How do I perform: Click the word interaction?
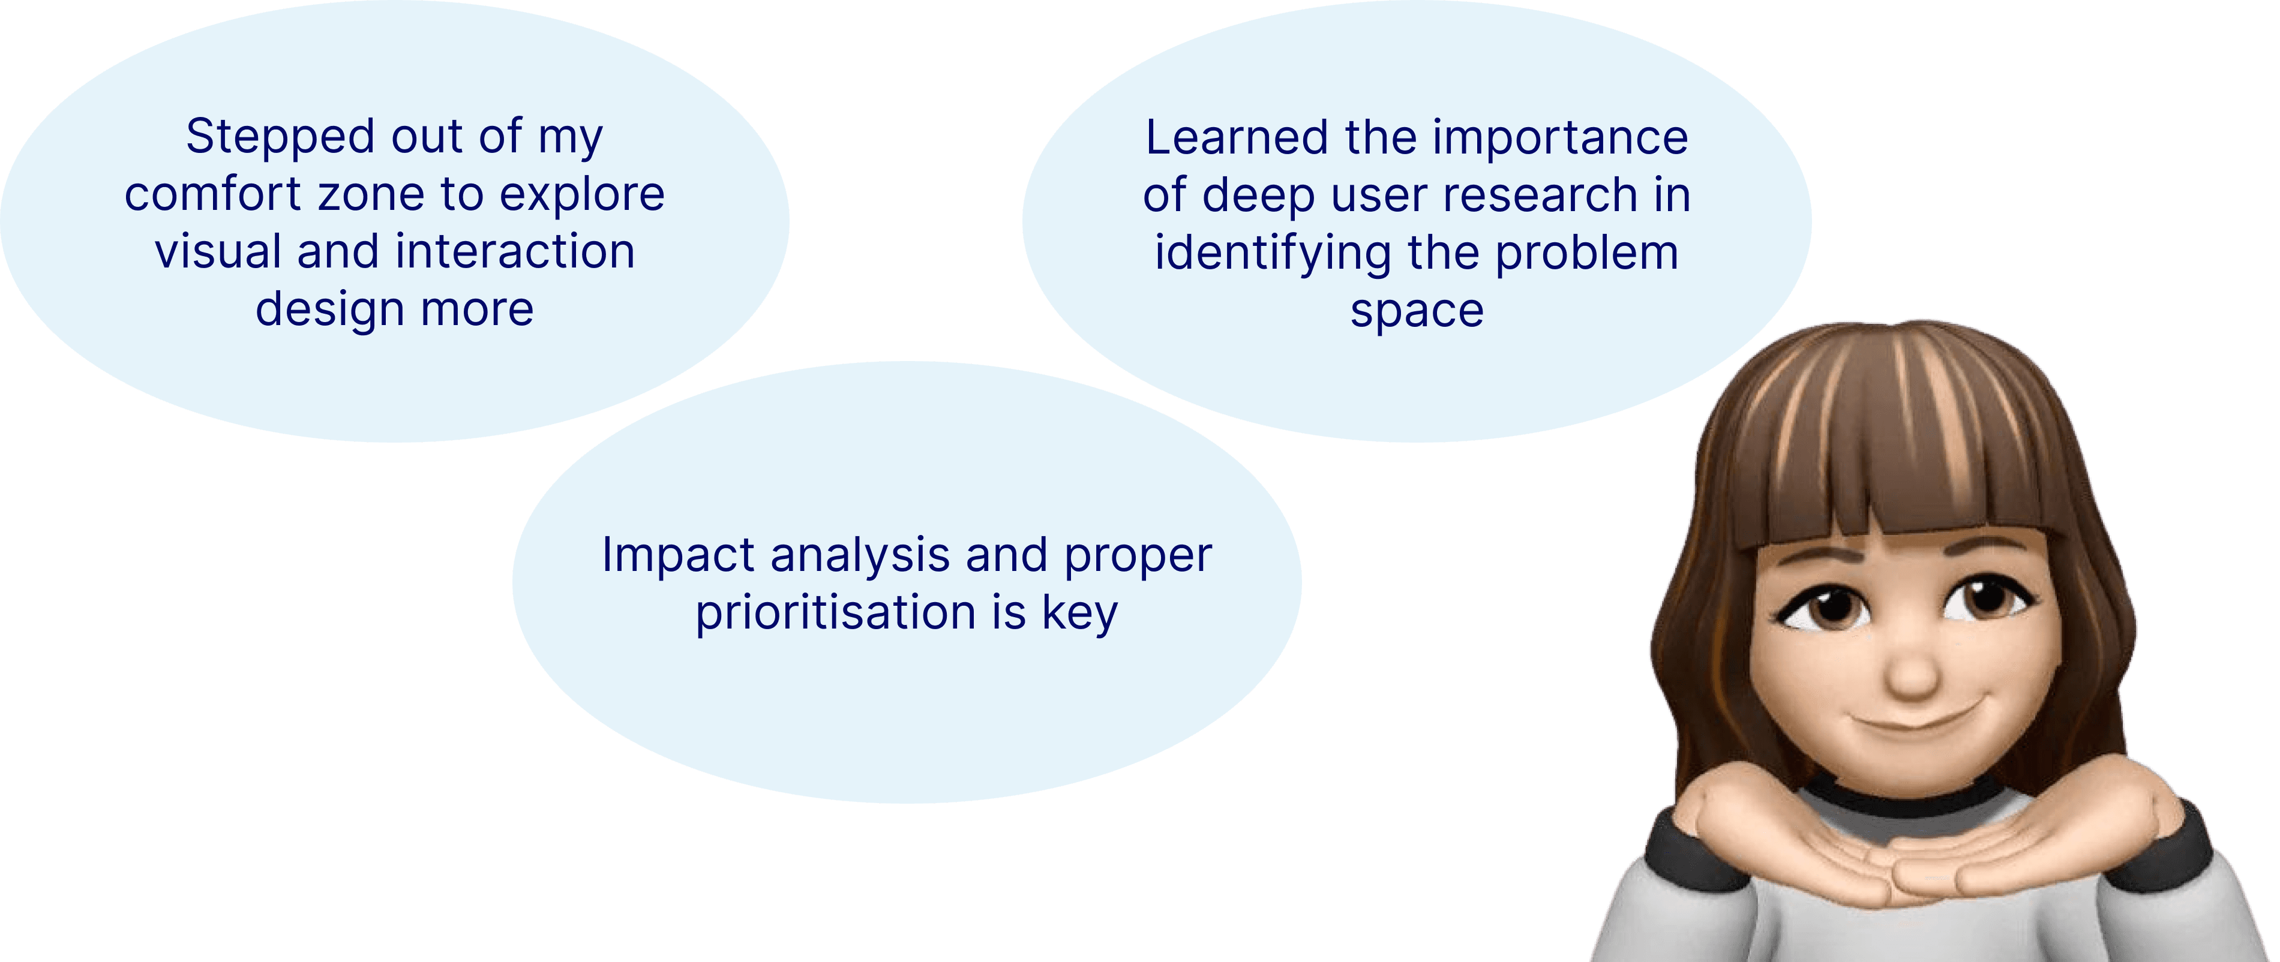(x=515, y=252)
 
